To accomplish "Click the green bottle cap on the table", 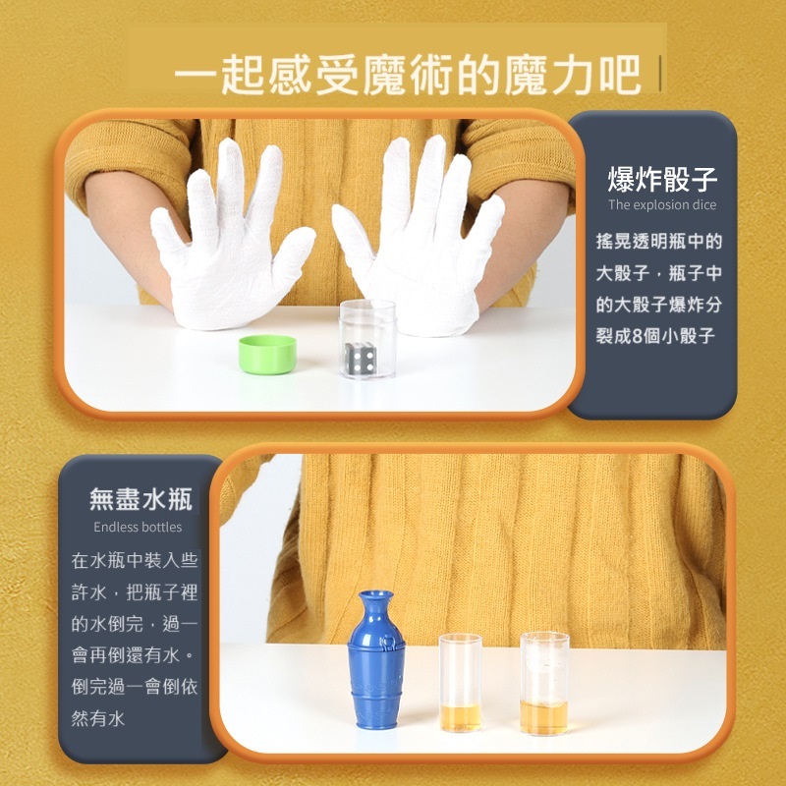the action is [x=267, y=355].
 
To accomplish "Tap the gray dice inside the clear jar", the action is [x=361, y=358].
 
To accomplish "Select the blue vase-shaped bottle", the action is [x=376, y=659].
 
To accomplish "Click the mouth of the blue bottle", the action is [x=376, y=595].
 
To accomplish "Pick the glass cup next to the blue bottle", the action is [x=460, y=683].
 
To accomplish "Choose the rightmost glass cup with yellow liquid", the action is [x=544, y=683].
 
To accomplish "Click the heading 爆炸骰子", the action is [x=662, y=180].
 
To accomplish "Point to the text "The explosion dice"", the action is [x=662, y=204].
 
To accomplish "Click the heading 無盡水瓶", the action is [x=140, y=499].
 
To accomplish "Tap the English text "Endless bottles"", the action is [x=138, y=527].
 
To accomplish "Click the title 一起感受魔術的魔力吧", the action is [x=408, y=75].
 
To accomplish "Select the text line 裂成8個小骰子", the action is [x=655, y=335].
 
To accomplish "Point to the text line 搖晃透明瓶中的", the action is [x=659, y=241].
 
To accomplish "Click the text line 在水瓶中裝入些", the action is [x=135, y=560].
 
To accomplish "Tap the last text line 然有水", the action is [x=97, y=718].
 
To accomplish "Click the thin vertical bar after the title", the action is [x=660, y=73].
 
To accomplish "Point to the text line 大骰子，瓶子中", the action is [x=659, y=273].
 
